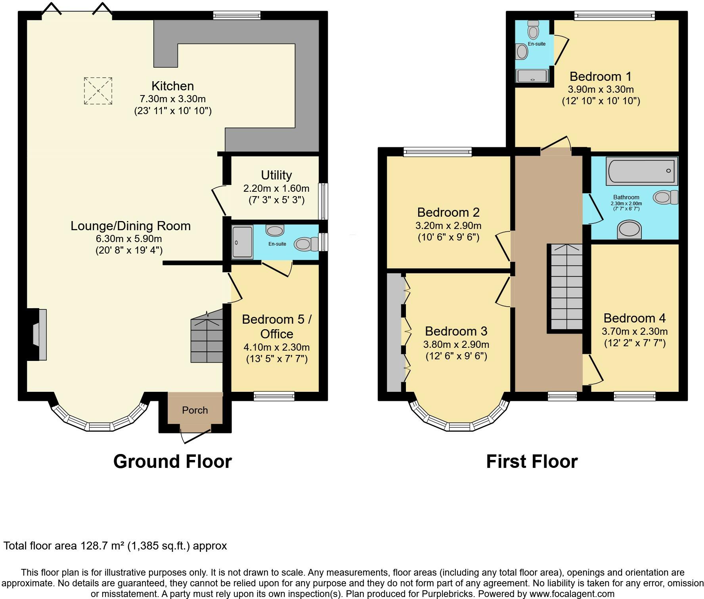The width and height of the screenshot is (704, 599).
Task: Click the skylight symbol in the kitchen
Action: pos(98,91)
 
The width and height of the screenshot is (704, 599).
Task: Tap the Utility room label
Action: pos(276,175)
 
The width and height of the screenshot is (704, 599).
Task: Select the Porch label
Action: pos(195,410)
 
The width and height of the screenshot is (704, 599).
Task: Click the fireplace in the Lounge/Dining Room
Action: pos(36,335)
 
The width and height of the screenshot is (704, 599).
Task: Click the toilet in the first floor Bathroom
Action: pos(666,197)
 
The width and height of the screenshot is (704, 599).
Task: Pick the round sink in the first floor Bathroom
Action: pos(629,230)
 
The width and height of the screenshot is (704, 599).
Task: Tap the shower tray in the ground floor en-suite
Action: pos(242,242)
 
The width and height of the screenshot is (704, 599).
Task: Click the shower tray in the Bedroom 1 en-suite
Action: pos(532,76)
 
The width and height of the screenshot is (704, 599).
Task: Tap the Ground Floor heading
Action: pos(172,462)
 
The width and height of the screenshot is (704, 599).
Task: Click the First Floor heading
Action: pos(532,462)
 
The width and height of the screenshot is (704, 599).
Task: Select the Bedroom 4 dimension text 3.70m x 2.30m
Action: pos(635,331)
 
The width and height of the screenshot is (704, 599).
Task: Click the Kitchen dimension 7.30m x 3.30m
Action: pos(172,99)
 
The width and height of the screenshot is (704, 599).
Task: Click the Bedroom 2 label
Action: pos(448,212)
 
